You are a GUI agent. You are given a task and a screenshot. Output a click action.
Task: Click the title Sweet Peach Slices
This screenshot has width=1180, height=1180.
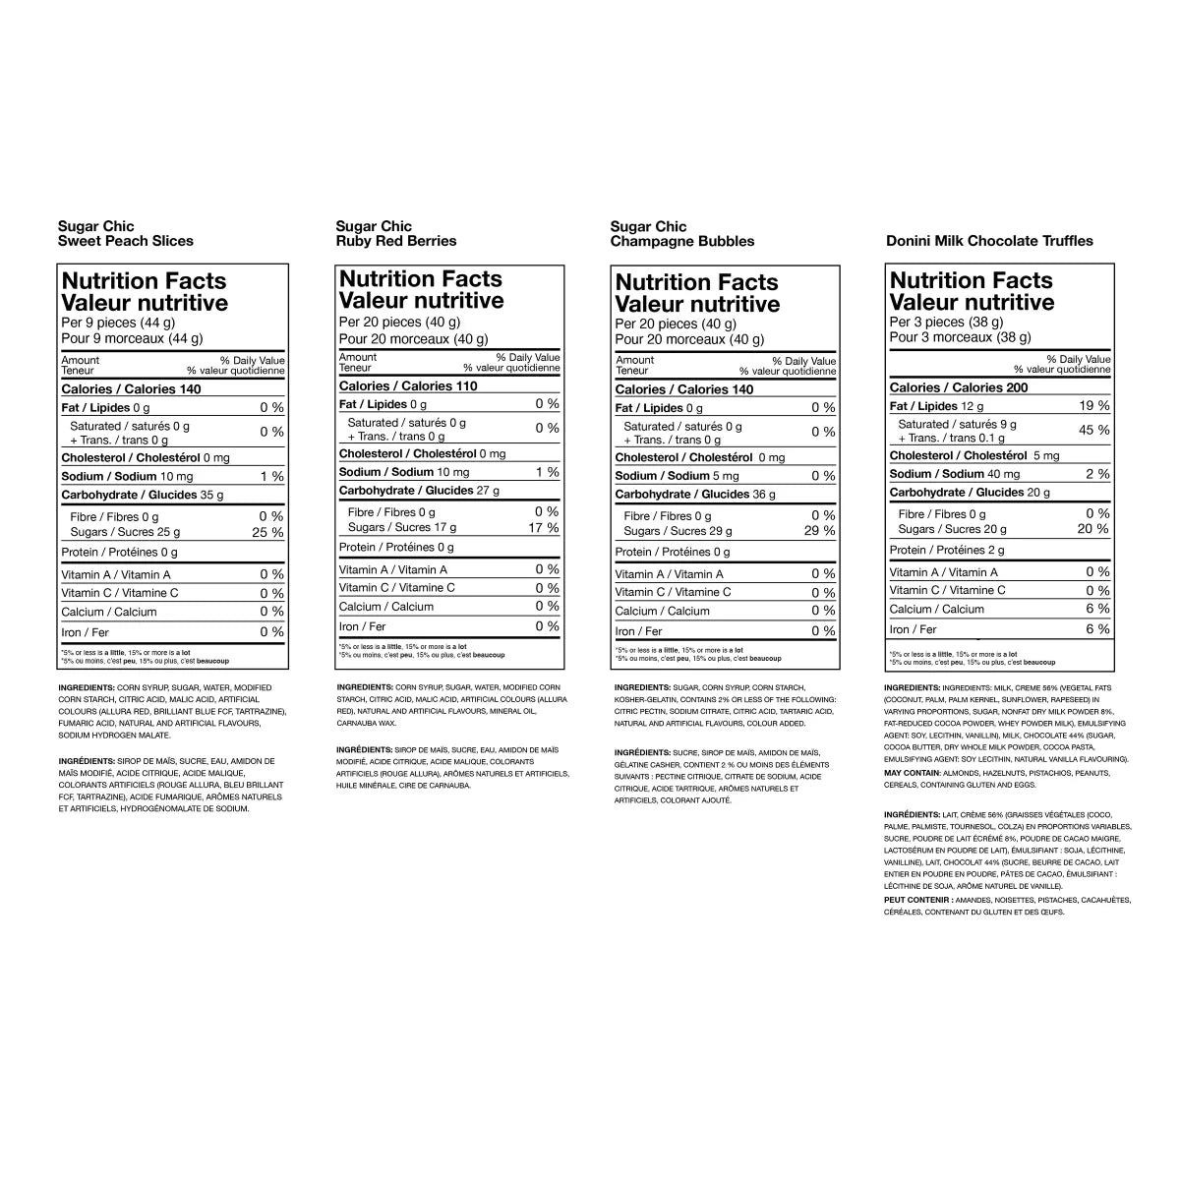tap(126, 241)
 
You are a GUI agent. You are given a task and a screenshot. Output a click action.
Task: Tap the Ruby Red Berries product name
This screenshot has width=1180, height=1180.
tap(395, 241)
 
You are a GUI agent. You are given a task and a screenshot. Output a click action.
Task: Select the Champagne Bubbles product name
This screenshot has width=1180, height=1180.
tap(681, 241)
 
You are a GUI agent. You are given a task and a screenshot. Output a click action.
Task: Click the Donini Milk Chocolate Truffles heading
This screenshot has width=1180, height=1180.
tap(988, 241)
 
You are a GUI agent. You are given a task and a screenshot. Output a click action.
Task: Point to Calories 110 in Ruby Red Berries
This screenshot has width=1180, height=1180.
tap(408, 386)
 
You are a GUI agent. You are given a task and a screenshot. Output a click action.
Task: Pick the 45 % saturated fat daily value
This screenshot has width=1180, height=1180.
tap(1094, 430)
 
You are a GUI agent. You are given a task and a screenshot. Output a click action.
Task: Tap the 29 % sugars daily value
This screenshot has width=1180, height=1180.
tap(819, 531)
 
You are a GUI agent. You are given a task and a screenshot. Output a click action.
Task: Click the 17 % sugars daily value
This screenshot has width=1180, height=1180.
tap(544, 527)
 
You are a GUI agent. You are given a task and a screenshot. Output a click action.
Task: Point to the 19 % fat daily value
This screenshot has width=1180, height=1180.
tap(1095, 405)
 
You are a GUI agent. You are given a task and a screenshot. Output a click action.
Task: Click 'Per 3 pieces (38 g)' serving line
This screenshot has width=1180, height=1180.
tap(946, 322)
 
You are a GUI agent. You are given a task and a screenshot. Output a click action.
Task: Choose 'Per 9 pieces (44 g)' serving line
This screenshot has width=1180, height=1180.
tap(117, 323)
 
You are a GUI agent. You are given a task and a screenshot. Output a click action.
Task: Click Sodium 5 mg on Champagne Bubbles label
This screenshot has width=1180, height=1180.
tap(677, 476)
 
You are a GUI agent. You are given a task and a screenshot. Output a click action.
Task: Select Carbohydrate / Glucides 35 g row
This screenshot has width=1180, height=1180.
tap(142, 495)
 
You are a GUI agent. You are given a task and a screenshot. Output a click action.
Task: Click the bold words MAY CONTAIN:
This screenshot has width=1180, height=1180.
tap(912, 772)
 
